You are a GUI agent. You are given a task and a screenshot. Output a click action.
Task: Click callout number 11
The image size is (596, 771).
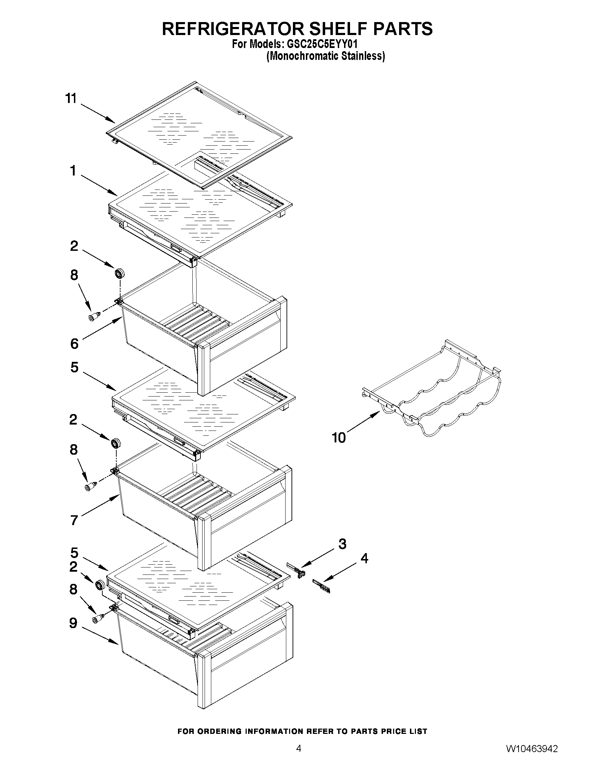pyautogui.click(x=71, y=98)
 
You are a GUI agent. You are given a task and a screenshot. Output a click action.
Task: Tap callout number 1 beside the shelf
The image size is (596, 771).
pyautogui.click(x=73, y=171)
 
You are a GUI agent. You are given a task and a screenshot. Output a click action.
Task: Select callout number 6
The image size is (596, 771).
pyautogui.click(x=74, y=344)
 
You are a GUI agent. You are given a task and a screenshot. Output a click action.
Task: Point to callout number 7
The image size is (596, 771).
pyautogui.click(x=74, y=520)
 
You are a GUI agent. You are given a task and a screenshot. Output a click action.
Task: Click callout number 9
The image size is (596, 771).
pyautogui.click(x=73, y=623)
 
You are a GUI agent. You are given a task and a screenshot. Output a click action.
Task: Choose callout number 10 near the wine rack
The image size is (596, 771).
pyautogui.click(x=338, y=438)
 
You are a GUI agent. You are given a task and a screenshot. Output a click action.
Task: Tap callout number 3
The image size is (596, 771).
pyautogui.click(x=342, y=544)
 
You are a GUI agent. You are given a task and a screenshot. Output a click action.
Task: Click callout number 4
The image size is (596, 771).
pyautogui.click(x=364, y=558)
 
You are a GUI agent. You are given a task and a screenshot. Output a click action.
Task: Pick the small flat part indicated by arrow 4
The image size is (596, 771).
pyautogui.click(x=321, y=586)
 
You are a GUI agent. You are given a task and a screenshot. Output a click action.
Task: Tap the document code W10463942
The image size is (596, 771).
pyautogui.click(x=532, y=749)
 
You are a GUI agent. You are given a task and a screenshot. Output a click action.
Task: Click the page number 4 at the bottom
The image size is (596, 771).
pyautogui.click(x=299, y=748)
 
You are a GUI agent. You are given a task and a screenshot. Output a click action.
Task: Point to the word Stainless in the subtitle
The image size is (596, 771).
pyautogui.click(x=366, y=56)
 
